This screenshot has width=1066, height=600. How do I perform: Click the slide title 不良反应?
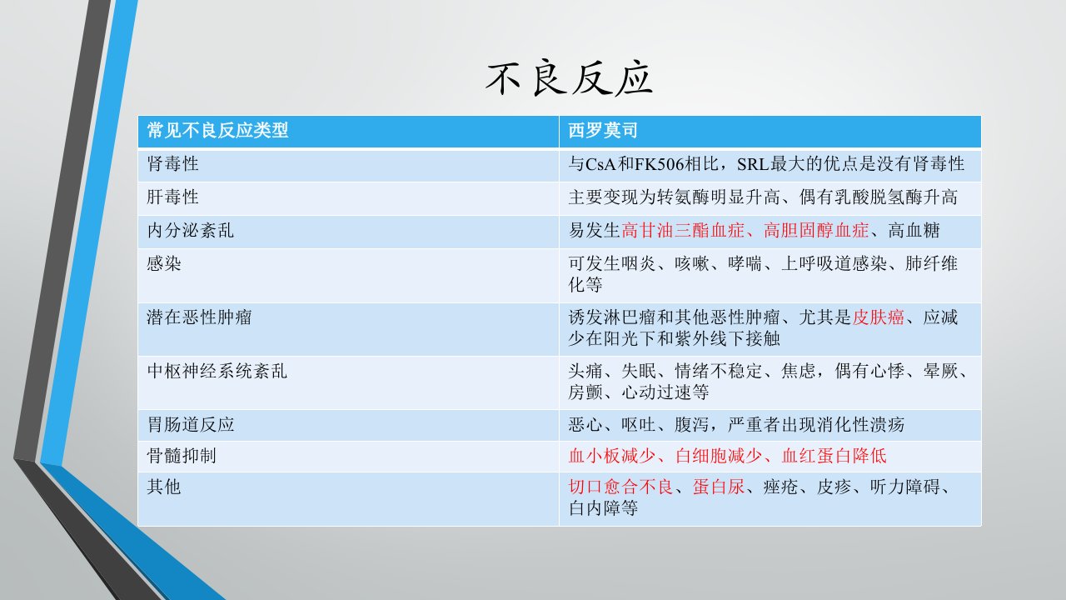coord(569,78)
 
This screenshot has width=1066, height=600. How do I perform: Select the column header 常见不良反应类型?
coord(217,130)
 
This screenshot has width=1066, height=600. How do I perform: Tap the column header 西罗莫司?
coord(603,130)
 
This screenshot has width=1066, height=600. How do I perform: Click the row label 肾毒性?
coord(172,164)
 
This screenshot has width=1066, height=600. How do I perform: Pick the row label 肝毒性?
coord(172,197)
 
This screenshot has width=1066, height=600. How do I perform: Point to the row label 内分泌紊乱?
coord(191,231)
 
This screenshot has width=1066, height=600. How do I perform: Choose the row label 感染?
coord(164,263)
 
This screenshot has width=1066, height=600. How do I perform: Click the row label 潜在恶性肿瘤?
coord(199,317)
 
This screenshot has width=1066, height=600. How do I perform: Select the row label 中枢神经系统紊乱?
coord(217,371)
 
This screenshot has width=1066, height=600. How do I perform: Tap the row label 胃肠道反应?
coord(191,424)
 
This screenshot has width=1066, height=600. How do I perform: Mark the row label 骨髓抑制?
coord(182,456)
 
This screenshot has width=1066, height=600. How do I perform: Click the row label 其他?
coord(164,487)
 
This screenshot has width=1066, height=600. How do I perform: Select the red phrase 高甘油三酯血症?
coord(683,231)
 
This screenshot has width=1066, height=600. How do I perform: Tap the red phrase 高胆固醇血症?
coord(816,231)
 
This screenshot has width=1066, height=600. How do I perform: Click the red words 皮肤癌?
coord(878,317)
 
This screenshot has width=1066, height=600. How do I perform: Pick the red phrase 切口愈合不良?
coord(621,487)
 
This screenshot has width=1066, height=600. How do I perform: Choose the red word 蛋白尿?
coord(719,487)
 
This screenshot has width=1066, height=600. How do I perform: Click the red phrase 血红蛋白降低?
coord(834,456)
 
